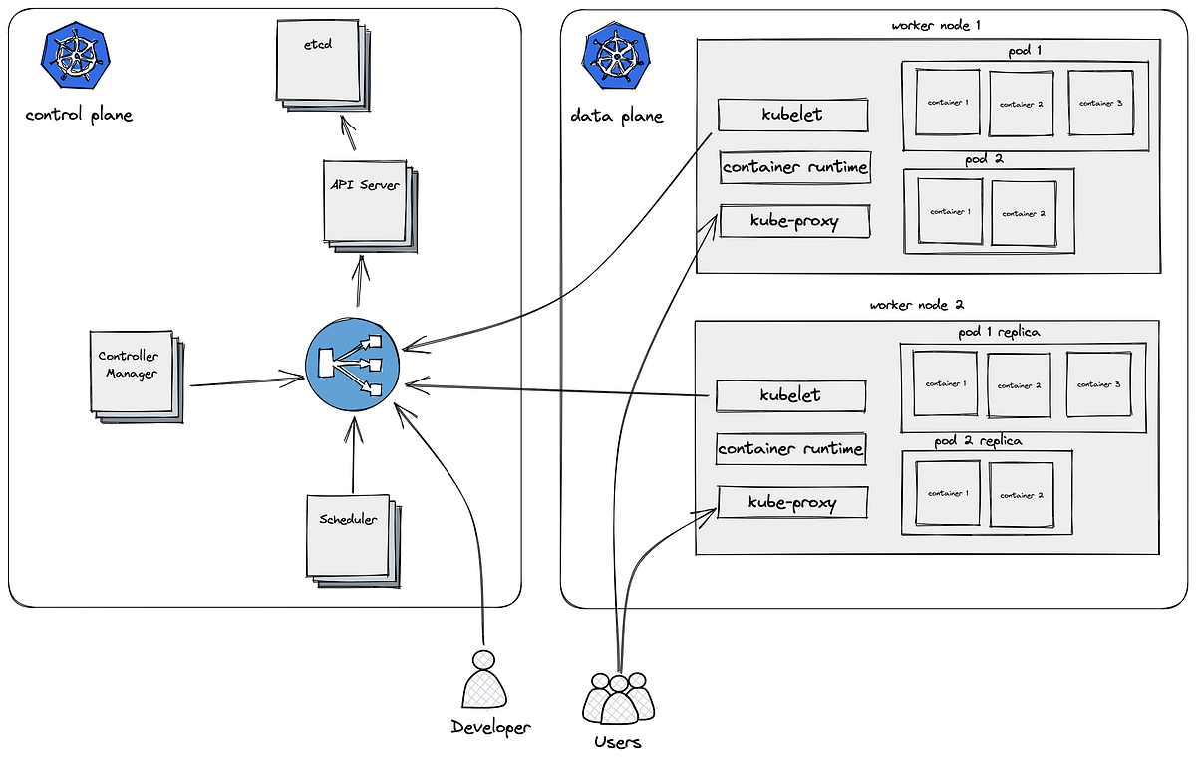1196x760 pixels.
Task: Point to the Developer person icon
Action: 484,682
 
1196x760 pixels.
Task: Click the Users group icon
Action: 618,698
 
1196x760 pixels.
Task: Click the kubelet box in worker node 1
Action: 792,115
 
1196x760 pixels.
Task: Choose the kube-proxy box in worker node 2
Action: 792,503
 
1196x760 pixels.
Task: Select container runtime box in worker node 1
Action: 794,167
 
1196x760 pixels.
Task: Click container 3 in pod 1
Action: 1101,103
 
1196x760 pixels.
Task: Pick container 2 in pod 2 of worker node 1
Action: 1024,213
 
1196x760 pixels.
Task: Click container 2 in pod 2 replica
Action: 1022,494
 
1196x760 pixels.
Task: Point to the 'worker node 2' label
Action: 916,305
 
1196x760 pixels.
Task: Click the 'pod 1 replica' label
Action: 992,332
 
